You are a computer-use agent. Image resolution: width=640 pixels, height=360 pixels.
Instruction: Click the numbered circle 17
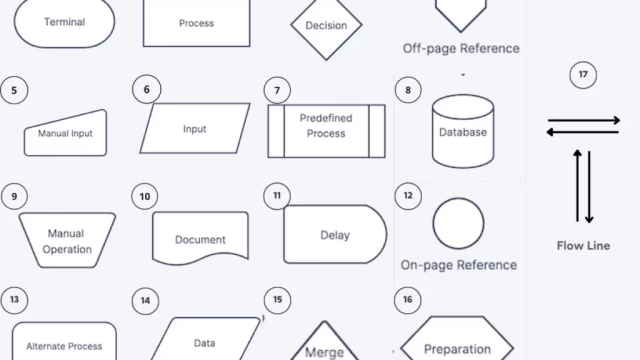click(x=583, y=75)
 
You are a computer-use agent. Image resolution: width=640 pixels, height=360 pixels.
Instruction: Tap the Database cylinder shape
click(x=463, y=131)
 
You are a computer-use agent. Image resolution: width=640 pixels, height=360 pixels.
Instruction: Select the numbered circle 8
click(x=408, y=90)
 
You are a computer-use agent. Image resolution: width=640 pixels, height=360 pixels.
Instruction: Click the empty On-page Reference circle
click(x=458, y=223)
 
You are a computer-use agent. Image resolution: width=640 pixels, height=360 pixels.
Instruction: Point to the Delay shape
click(x=335, y=234)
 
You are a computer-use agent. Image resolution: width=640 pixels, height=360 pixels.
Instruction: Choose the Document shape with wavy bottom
click(x=200, y=238)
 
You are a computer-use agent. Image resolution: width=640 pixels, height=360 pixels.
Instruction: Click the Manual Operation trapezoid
click(x=67, y=240)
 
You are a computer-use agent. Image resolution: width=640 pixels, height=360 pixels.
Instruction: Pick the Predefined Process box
click(x=326, y=131)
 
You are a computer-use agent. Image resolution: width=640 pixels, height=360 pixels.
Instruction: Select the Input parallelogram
click(x=195, y=129)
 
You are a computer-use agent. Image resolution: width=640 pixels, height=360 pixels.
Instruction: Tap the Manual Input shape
click(x=65, y=133)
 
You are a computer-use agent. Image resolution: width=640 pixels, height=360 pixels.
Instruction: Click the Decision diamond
click(x=326, y=25)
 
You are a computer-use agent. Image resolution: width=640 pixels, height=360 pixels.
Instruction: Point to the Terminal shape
click(x=64, y=22)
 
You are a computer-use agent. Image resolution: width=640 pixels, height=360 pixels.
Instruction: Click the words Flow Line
click(x=583, y=246)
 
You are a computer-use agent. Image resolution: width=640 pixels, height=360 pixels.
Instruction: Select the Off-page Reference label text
click(x=461, y=49)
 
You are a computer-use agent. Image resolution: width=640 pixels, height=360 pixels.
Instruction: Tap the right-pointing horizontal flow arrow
click(x=584, y=120)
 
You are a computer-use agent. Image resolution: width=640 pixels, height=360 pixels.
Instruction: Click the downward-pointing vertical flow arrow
click(x=589, y=187)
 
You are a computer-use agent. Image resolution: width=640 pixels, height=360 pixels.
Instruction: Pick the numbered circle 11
click(x=277, y=196)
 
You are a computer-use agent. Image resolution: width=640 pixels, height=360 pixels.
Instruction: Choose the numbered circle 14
click(x=145, y=301)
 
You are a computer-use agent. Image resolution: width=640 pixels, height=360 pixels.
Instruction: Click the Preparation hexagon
click(x=457, y=338)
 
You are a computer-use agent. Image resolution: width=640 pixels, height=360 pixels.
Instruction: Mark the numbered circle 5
click(x=14, y=90)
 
